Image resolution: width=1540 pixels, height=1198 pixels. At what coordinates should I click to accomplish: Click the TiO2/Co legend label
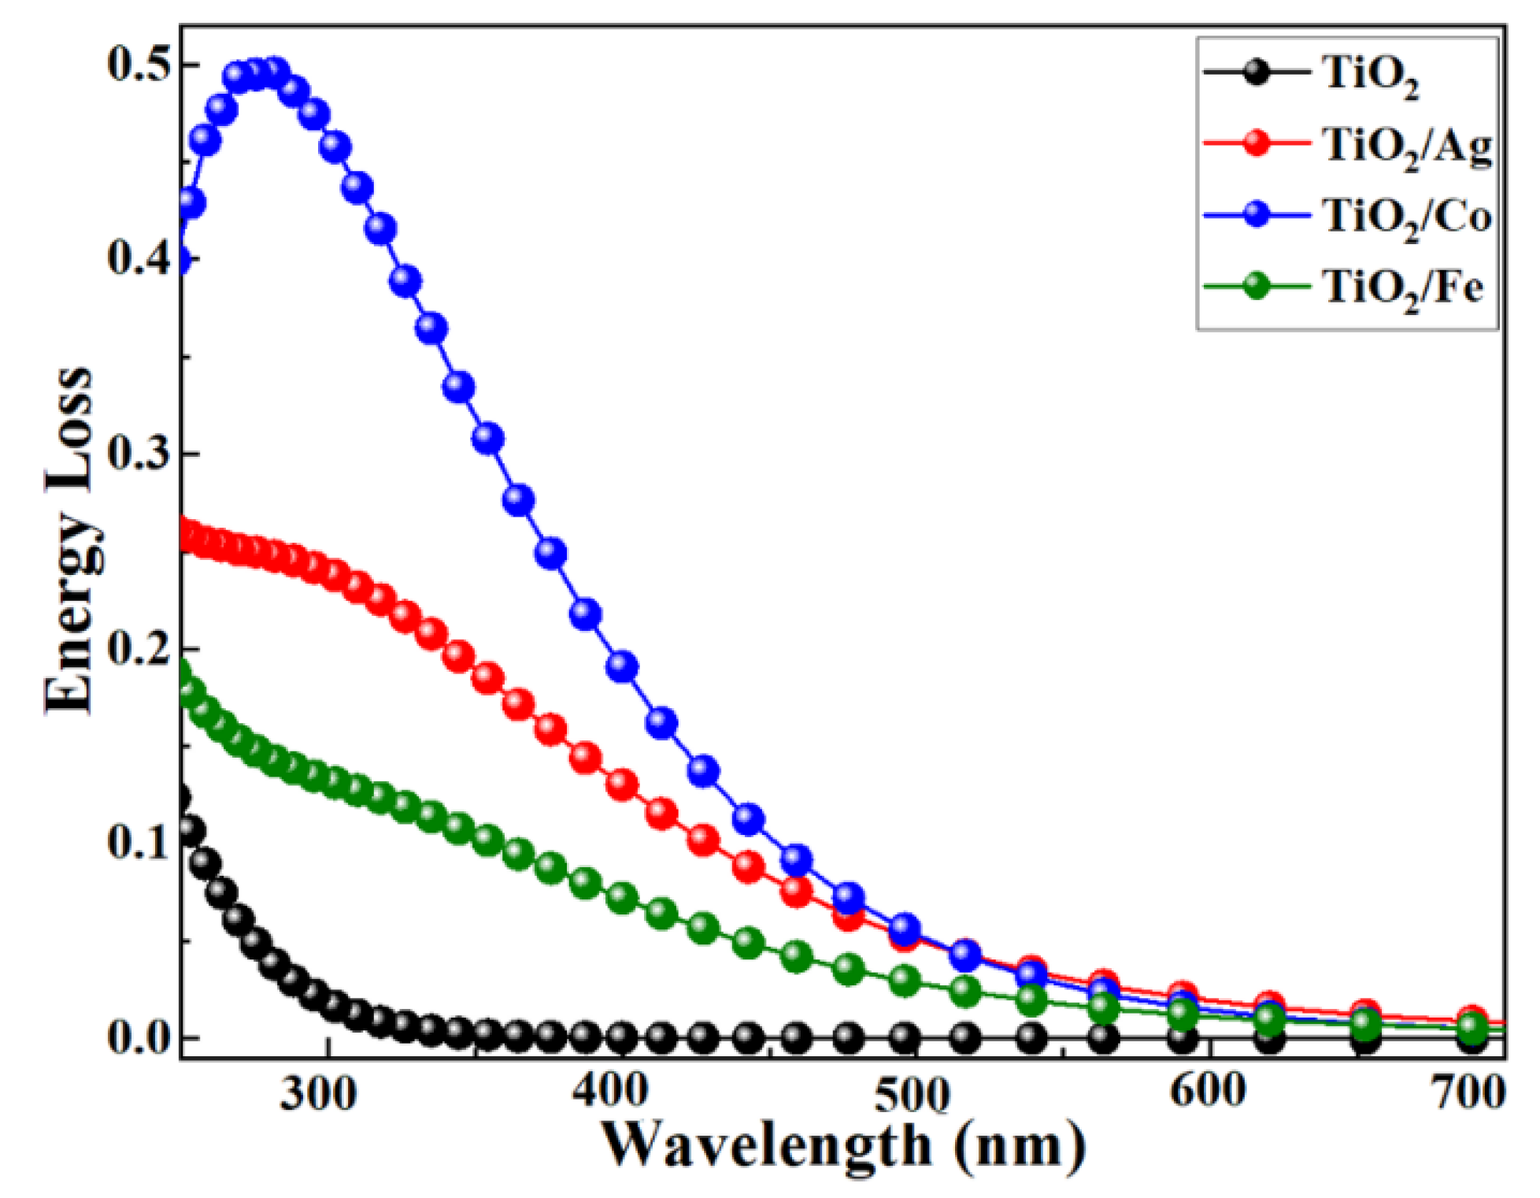[x=1405, y=217]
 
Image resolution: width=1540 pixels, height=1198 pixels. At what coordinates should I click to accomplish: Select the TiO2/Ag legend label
[x=1405, y=147]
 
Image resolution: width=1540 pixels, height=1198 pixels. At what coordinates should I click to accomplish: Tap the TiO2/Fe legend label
[x=1401, y=287]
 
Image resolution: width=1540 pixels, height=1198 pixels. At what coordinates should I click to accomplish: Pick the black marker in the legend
[x=1257, y=74]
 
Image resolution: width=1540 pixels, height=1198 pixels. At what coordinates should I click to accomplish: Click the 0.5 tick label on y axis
[x=139, y=65]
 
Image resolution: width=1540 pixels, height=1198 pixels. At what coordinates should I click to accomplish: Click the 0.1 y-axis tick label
[x=139, y=843]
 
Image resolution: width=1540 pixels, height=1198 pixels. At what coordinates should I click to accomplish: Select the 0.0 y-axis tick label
[x=139, y=1037]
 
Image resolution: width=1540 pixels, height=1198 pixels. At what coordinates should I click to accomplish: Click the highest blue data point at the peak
[x=274, y=72]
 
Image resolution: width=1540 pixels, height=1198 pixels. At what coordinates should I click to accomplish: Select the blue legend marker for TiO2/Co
[x=1257, y=214]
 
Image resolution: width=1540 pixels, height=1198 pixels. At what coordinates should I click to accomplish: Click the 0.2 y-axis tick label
[x=139, y=648]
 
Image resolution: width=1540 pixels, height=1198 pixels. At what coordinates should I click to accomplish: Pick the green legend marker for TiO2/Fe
[x=1257, y=285]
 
